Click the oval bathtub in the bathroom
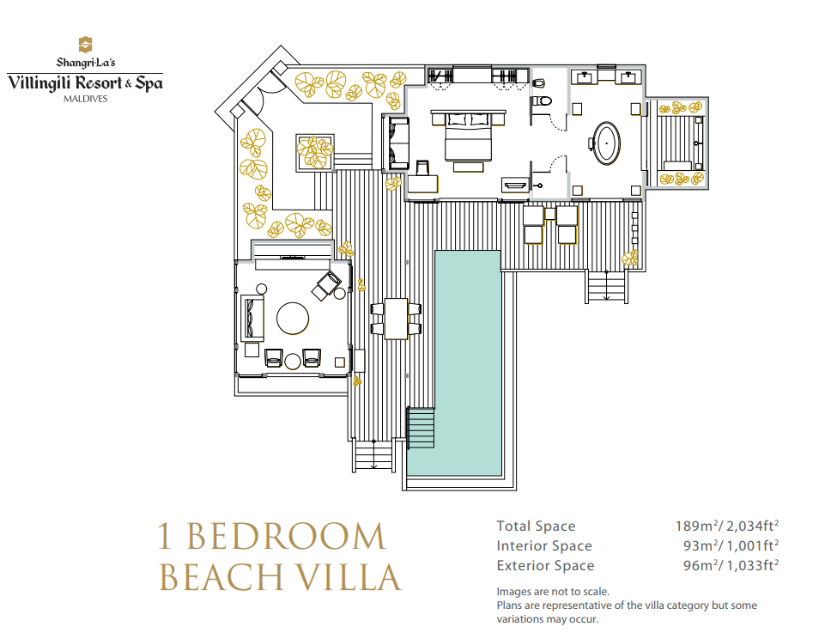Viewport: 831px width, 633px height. coord(606,143)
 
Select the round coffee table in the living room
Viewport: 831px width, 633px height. coord(293,319)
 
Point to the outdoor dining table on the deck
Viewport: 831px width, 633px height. coord(396,319)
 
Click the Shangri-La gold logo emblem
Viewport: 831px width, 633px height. coord(85,44)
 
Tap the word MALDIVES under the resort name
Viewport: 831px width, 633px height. coord(85,99)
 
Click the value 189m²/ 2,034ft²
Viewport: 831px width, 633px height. coord(726,526)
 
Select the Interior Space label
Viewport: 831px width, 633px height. coord(544,546)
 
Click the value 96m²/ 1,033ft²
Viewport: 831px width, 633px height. coord(731,566)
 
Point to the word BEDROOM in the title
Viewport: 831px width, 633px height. coord(286,537)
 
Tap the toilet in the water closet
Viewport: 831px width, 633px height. coord(542,100)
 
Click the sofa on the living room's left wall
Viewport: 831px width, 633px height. coord(252,318)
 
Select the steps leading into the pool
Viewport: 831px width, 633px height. coord(421,428)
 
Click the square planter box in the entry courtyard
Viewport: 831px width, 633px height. coord(315,153)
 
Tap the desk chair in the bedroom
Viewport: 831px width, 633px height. coord(422,168)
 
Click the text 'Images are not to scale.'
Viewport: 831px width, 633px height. coord(553,592)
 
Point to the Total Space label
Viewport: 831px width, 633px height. coord(536,526)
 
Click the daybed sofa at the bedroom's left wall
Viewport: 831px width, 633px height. coord(398,143)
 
